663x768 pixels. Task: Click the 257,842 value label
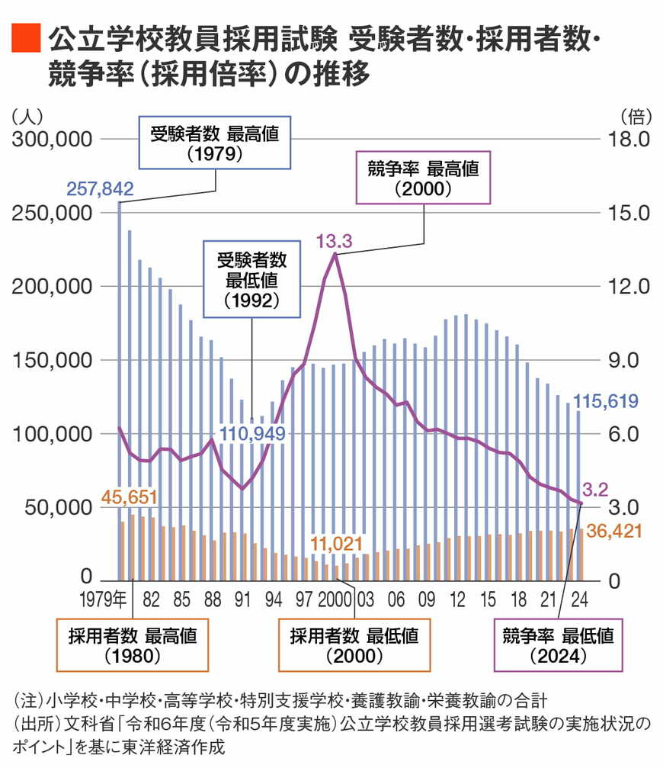101,188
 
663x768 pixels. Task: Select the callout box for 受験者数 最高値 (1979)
214,143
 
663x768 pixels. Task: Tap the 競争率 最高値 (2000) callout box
423,178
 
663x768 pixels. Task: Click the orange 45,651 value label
126,498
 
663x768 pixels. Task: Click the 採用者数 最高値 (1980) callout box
133,645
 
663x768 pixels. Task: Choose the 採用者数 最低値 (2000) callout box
354,645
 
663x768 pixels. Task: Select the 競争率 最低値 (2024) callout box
556,645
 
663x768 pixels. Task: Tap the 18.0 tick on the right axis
627,140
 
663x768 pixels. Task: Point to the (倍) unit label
634,116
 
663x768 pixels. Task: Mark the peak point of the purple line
335,254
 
